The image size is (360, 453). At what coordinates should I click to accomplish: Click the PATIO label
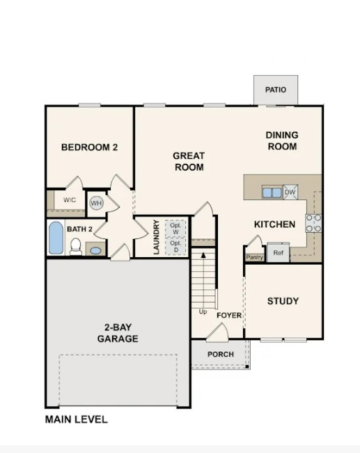point(276,90)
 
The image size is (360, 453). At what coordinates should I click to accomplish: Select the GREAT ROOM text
point(189,162)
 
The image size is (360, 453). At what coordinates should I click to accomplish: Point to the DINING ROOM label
point(282,141)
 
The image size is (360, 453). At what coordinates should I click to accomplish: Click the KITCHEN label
point(274,224)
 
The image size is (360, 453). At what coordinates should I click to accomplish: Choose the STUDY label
point(283,301)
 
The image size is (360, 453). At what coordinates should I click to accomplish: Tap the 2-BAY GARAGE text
point(117,333)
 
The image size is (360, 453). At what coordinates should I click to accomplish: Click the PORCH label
point(221,355)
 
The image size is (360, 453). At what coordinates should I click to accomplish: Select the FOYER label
point(229,316)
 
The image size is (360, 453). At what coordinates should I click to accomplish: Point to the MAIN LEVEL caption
point(77,420)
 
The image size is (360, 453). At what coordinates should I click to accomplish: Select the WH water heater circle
point(96,203)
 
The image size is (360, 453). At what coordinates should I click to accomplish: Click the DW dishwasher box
point(290,192)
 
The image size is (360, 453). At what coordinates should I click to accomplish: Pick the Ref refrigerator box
point(278,252)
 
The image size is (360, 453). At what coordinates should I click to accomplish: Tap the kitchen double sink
point(271,192)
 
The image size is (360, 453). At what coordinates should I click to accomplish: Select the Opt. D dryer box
point(175,246)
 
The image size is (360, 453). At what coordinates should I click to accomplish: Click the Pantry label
point(253,257)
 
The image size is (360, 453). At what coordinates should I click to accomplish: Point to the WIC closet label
point(69,200)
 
